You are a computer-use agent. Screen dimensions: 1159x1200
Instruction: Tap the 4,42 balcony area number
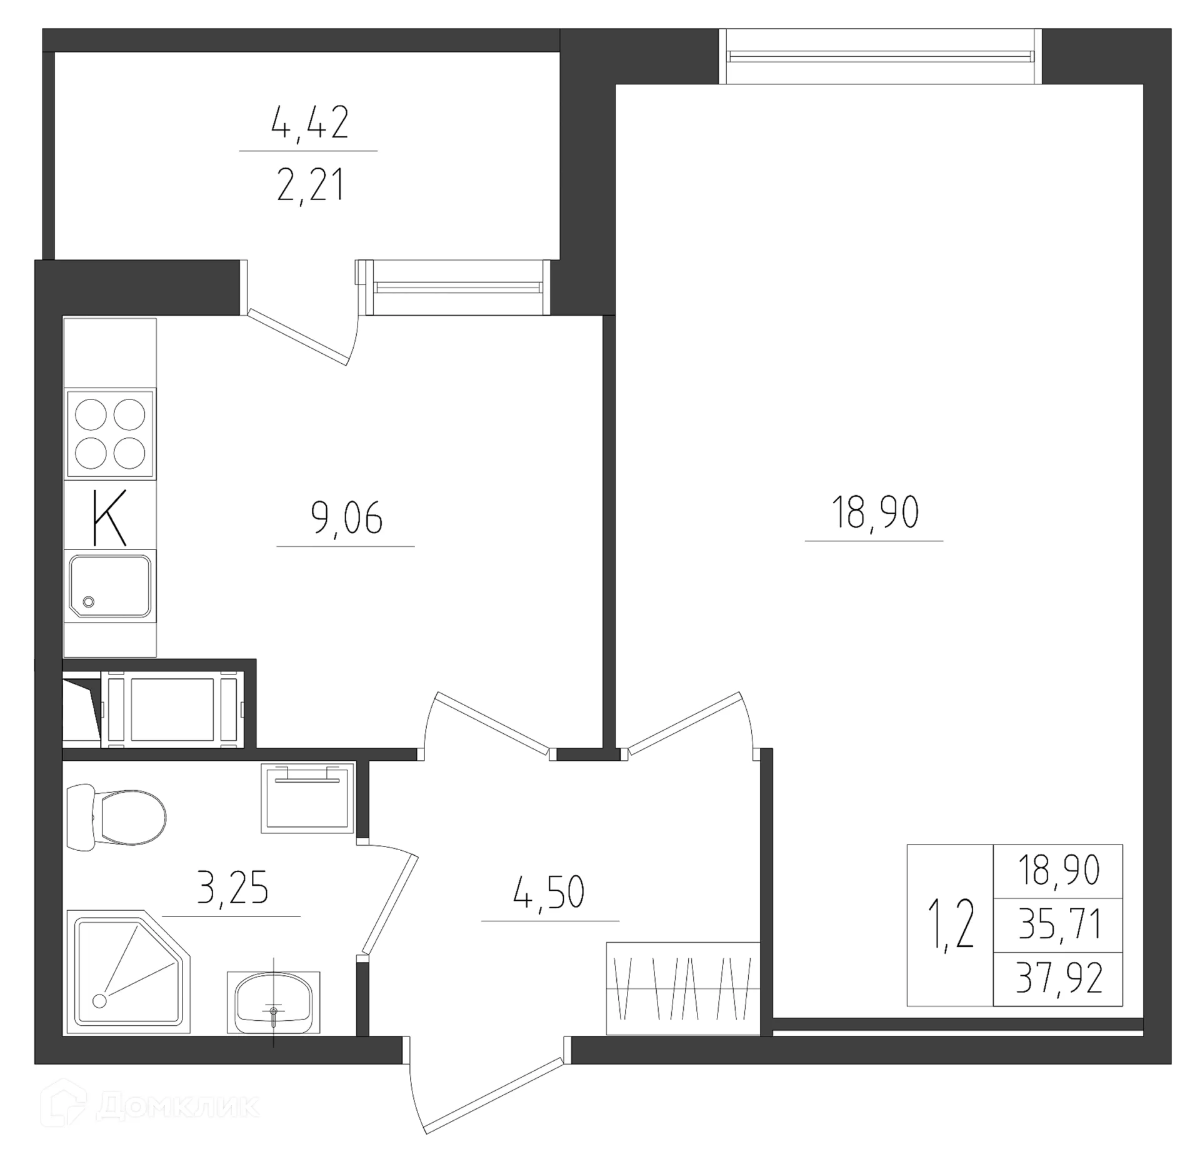[309, 123]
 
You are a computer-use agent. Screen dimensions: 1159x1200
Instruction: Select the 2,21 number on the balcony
[310, 186]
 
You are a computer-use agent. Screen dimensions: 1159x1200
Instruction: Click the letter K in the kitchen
[109, 518]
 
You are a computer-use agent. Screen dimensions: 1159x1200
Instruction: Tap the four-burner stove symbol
[110, 433]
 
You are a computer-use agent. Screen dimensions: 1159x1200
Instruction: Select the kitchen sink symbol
[110, 585]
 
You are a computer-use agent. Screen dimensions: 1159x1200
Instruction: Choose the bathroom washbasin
[273, 1003]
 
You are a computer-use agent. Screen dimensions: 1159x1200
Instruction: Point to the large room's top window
[881, 57]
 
